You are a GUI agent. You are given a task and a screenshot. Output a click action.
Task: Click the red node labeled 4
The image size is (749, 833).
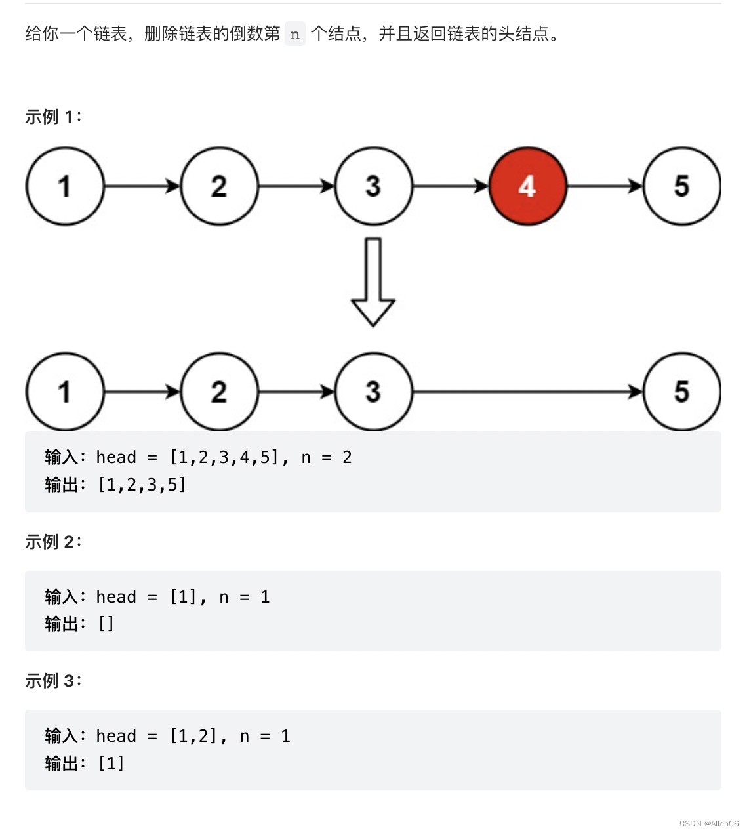coord(527,186)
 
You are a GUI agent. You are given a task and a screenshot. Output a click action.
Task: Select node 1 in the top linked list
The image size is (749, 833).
coord(65,186)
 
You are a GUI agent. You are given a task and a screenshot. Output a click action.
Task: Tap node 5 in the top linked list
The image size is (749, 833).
coord(681,186)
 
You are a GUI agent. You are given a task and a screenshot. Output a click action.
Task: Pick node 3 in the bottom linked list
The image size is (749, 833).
coord(373,392)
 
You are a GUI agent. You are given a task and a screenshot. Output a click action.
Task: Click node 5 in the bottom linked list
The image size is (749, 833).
coord(681,392)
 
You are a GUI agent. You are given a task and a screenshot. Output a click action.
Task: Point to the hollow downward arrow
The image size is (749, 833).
coord(373,282)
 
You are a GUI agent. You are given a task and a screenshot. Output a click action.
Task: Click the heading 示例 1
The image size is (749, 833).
coord(53,117)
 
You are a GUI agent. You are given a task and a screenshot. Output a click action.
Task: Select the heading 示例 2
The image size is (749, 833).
coord(53,542)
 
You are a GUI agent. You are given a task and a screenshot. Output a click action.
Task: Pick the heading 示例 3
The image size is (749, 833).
coord(53,681)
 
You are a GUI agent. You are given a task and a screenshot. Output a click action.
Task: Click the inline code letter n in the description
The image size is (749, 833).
coord(295,34)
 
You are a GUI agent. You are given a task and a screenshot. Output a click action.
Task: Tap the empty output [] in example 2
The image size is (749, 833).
coord(106,624)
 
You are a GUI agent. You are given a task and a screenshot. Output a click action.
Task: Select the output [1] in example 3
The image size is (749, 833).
coord(111,763)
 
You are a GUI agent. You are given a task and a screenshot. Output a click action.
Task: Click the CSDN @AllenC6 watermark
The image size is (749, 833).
coord(708,824)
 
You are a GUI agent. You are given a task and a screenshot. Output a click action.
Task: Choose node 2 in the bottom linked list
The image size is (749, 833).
coord(219,392)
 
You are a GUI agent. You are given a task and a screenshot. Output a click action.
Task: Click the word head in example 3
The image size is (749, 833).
coord(116,736)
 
